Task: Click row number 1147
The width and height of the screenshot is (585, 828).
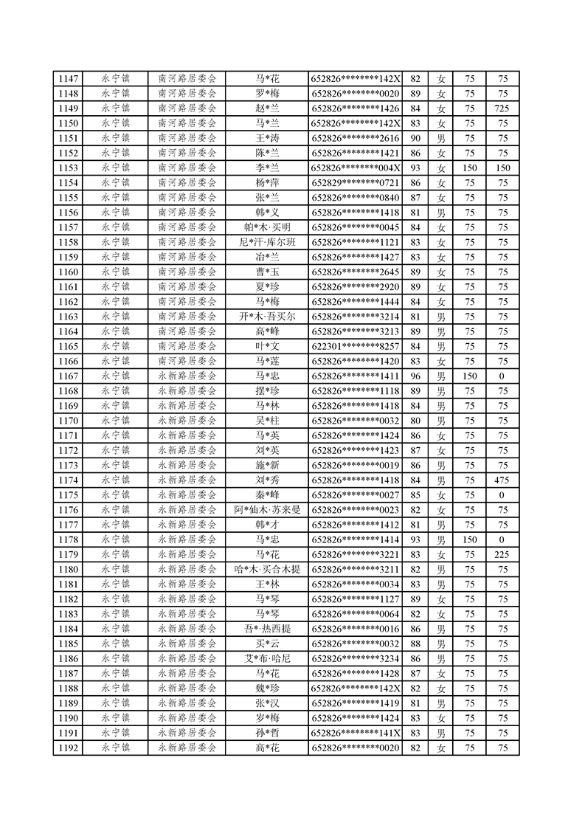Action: (x=68, y=79)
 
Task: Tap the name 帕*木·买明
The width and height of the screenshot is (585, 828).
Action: (x=267, y=227)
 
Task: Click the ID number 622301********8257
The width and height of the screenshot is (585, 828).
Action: (x=356, y=346)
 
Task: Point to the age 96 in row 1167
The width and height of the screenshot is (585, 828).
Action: (x=415, y=376)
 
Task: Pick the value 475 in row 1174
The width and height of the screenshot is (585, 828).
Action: (x=502, y=480)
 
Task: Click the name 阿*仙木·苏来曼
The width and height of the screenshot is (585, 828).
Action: (x=267, y=510)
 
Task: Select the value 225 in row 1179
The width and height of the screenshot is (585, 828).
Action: (x=502, y=554)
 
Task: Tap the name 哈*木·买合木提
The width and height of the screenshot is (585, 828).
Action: (x=267, y=569)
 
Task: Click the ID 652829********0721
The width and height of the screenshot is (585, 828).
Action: (x=356, y=183)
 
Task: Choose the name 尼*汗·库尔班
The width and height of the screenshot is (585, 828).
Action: (x=267, y=242)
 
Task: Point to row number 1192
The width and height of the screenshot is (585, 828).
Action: (x=68, y=748)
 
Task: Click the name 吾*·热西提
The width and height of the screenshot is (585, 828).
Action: (x=267, y=629)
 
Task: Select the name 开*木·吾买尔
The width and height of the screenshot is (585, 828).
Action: (x=267, y=317)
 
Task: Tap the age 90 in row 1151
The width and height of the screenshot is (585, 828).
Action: (x=415, y=139)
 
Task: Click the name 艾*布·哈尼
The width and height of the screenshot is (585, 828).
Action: (x=267, y=658)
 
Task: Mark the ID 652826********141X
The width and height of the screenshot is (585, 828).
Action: (x=356, y=733)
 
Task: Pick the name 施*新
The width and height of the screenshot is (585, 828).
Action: (x=267, y=466)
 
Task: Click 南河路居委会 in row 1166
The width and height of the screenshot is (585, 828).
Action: (x=187, y=361)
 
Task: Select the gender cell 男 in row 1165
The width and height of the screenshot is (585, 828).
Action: (x=441, y=346)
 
